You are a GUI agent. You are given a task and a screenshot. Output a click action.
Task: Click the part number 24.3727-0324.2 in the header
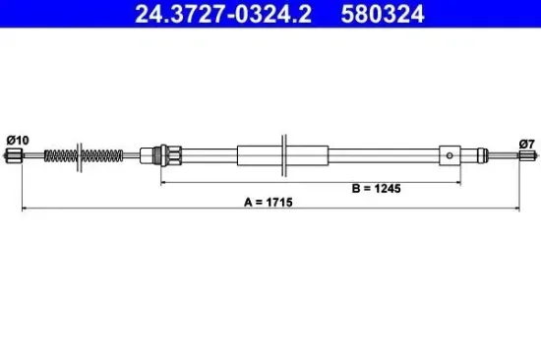pos(203,14)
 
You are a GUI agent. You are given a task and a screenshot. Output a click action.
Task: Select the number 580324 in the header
pos(379,14)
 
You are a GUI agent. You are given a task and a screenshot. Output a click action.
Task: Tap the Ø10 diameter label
pos(18,140)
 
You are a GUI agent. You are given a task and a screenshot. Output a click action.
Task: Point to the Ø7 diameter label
pos(528,140)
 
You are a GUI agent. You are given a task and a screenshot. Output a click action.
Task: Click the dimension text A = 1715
pos(270,202)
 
